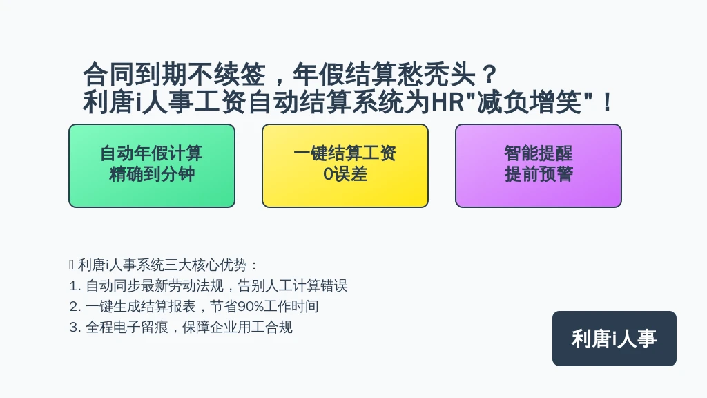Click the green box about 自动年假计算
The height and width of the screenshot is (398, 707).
tap(152, 166)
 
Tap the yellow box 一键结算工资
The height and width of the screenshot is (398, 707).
tap(345, 166)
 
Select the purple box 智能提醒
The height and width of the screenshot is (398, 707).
tap(539, 166)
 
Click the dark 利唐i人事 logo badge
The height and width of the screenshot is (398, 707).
tap(614, 339)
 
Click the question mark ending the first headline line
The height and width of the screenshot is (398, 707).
tap(489, 74)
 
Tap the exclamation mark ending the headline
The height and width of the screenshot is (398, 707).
tap(608, 102)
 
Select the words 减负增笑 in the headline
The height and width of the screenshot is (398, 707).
tap(530, 102)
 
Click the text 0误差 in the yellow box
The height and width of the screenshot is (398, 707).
tap(345, 174)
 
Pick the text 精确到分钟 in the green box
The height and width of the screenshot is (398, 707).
tap(152, 174)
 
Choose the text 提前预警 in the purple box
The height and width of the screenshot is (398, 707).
tap(539, 174)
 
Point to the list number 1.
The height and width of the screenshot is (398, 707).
tap(74, 285)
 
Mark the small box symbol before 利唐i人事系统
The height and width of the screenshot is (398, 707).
tap(71, 265)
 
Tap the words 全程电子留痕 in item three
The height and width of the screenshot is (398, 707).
tap(127, 327)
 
